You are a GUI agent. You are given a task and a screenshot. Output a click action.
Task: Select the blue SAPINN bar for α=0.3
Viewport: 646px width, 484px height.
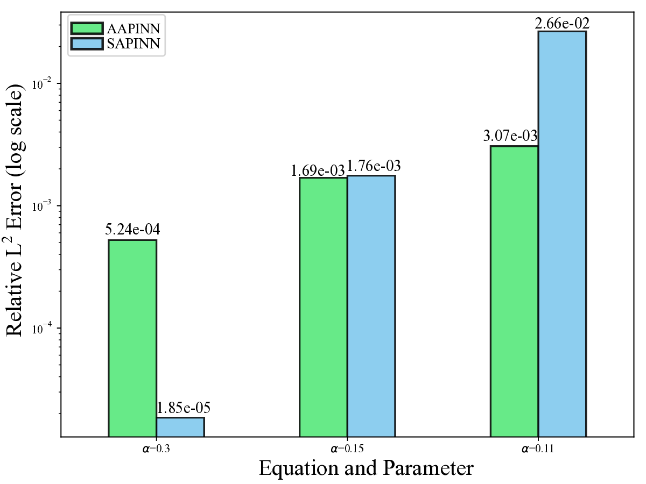(x=180, y=427)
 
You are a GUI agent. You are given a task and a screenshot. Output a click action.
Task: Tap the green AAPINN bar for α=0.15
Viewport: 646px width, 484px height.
(x=323, y=307)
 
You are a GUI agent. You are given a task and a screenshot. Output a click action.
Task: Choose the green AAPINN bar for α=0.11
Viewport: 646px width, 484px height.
(x=514, y=291)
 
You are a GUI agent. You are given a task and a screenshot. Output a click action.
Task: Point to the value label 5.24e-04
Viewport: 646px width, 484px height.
(x=132, y=230)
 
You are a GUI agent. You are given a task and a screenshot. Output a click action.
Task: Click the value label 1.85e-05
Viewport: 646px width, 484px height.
(x=183, y=408)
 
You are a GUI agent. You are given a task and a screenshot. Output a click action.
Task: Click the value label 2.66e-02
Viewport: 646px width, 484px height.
(x=562, y=23)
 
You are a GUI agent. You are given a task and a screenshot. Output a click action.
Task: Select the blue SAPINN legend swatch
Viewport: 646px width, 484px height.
(x=86, y=44)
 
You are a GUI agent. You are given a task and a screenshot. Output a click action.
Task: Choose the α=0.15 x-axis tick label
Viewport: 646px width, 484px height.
(x=347, y=447)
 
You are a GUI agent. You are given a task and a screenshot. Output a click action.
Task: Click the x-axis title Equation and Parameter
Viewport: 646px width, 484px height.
(x=366, y=468)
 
